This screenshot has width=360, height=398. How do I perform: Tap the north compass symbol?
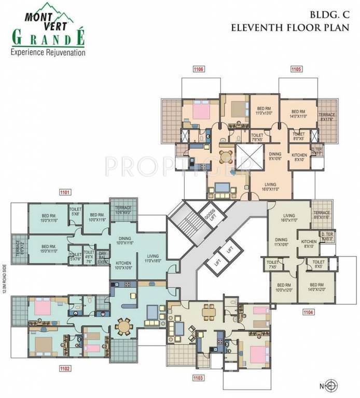click(333, 385)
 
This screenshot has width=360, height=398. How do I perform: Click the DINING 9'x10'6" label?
click(274, 156)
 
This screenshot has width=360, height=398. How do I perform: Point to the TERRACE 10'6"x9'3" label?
click(123, 209)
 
